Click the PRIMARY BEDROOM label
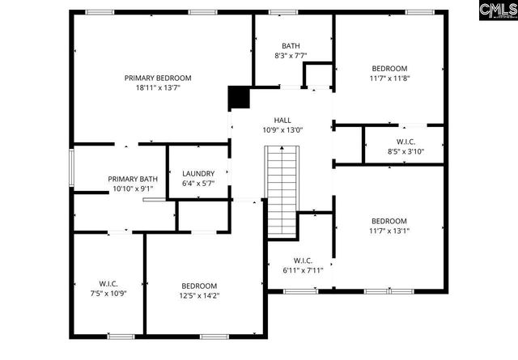(158, 78)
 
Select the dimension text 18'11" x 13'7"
(158, 87)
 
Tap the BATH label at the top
(291, 45)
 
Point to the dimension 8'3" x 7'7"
(291, 56)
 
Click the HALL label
(282, 120)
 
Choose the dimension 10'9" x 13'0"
(282, 130)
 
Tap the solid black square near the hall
(239, 97)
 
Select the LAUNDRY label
(198, 173)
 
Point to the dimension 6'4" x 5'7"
(198, 184)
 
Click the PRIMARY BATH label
(133, 179)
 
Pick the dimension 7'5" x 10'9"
(108, 295)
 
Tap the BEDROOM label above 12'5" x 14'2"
(199, 286)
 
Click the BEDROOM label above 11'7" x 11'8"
(389, 69)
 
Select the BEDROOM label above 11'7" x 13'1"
(389, 221)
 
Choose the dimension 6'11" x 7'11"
(303, 270)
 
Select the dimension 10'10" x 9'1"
(133, 189)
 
